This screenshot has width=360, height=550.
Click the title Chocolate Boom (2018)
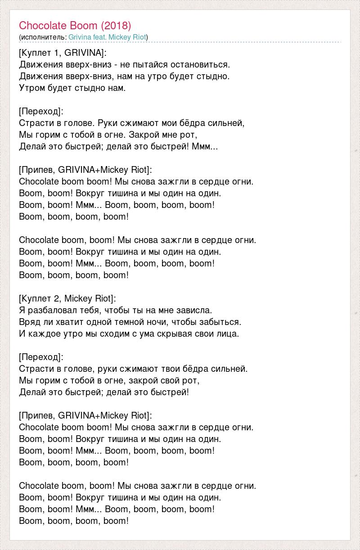pos(75,25)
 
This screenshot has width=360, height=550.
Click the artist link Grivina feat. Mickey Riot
pos(108,37)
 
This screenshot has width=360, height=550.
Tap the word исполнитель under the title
pos(43,37)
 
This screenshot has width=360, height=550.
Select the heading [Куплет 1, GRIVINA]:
pos(63,53)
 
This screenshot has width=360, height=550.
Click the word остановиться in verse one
pos(205,64)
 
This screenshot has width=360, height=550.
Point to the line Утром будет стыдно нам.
pos(72,88)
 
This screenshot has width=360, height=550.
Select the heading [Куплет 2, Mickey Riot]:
pos(67,298)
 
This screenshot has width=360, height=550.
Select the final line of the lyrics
pos(74,521)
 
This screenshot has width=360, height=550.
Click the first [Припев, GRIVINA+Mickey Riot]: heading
pos(85,170)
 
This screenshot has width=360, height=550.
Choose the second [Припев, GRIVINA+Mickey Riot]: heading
pos(85,415)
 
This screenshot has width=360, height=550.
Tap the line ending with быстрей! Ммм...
pos(118,146)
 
